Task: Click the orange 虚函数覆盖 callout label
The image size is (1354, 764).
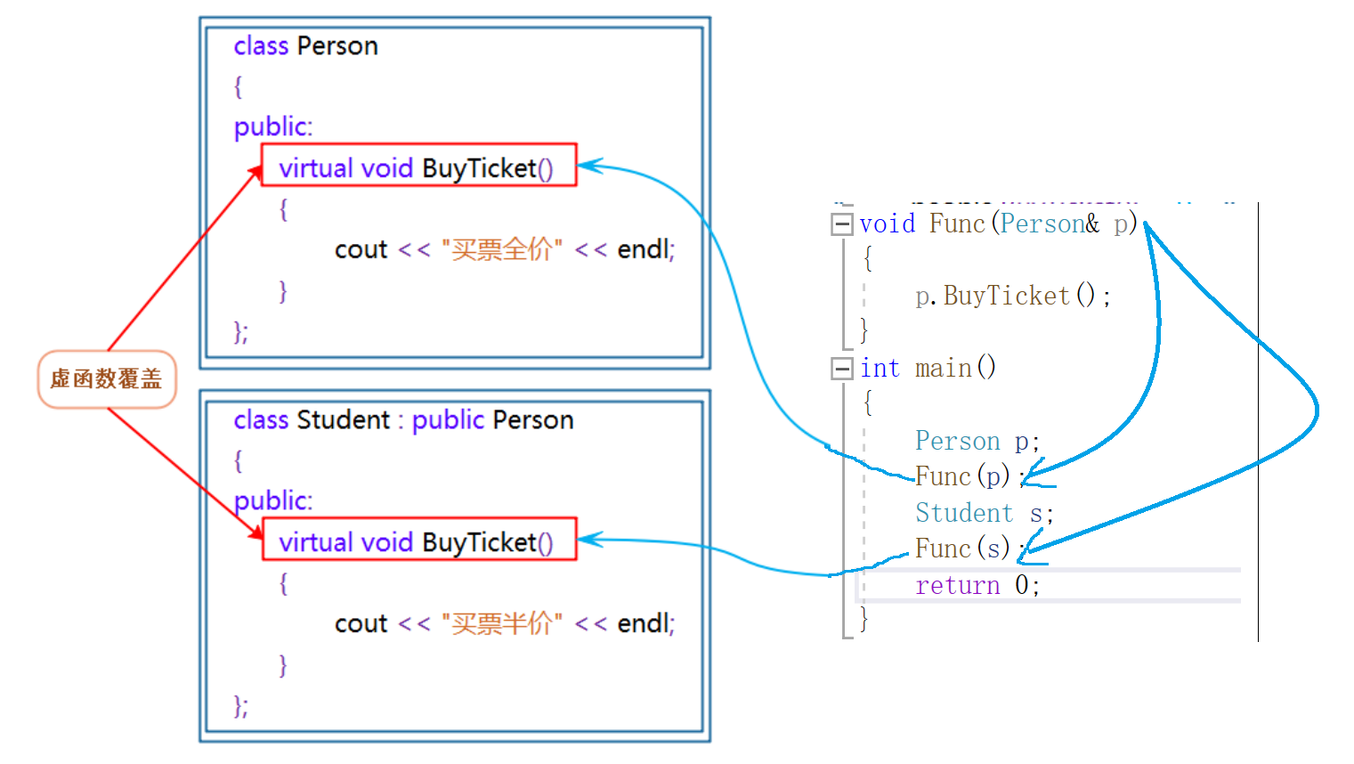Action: point(107,379)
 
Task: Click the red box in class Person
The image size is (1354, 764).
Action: point(419,166)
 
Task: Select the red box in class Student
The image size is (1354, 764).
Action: point(419,540)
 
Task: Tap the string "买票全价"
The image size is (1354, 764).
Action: point(502,249)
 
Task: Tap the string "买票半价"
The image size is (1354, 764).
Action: point(502,623)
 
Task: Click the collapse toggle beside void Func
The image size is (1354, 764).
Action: point(841,224)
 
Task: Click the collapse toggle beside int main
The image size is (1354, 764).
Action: point(841,369)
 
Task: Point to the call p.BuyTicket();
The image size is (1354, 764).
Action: point(1012,296)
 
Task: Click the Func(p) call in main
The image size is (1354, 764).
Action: point(962,476)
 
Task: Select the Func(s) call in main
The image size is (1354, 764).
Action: point(962,549)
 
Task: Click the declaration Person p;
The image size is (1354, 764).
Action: point(977,441)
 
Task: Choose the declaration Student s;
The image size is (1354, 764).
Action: point(984,513)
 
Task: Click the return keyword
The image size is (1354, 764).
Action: point(958,585)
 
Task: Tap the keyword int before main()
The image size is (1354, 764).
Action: point(880,368)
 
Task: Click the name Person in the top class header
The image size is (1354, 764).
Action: point(337,46)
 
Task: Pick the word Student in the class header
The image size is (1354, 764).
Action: point(344,420)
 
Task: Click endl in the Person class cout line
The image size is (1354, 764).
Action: point(645,249)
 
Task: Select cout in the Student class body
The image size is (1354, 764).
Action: point(361,623)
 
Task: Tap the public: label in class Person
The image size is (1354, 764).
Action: point(273,126)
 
